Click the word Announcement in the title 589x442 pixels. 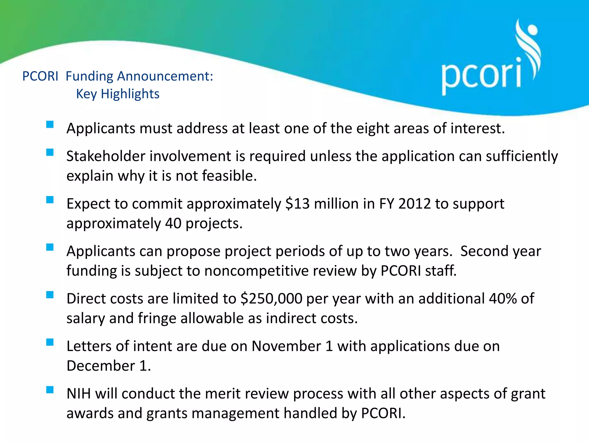tap(165, 77)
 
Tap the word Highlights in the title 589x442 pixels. tap(130, 94)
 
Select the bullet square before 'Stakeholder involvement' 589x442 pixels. tap(50, 152)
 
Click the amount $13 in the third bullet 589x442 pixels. tap(297, 204)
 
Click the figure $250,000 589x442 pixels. tap(271, 299)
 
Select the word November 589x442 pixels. tap(286, 346)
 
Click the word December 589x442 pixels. tap(101, 366)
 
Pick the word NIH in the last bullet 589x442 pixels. tap(79, 394)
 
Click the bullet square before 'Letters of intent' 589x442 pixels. tap(50, 342)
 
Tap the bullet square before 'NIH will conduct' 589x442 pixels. tap(50, 390)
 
